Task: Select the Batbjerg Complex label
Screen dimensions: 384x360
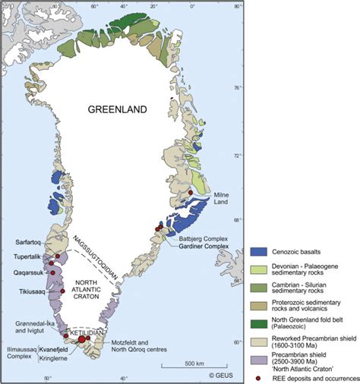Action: pos(202,237)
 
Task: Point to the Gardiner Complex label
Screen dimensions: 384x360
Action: pos(204,246)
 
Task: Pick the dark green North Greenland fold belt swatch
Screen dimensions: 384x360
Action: pos(260,322)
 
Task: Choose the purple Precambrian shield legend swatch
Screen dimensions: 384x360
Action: pos(260,357)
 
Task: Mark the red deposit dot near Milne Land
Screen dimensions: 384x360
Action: pos(189,193)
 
